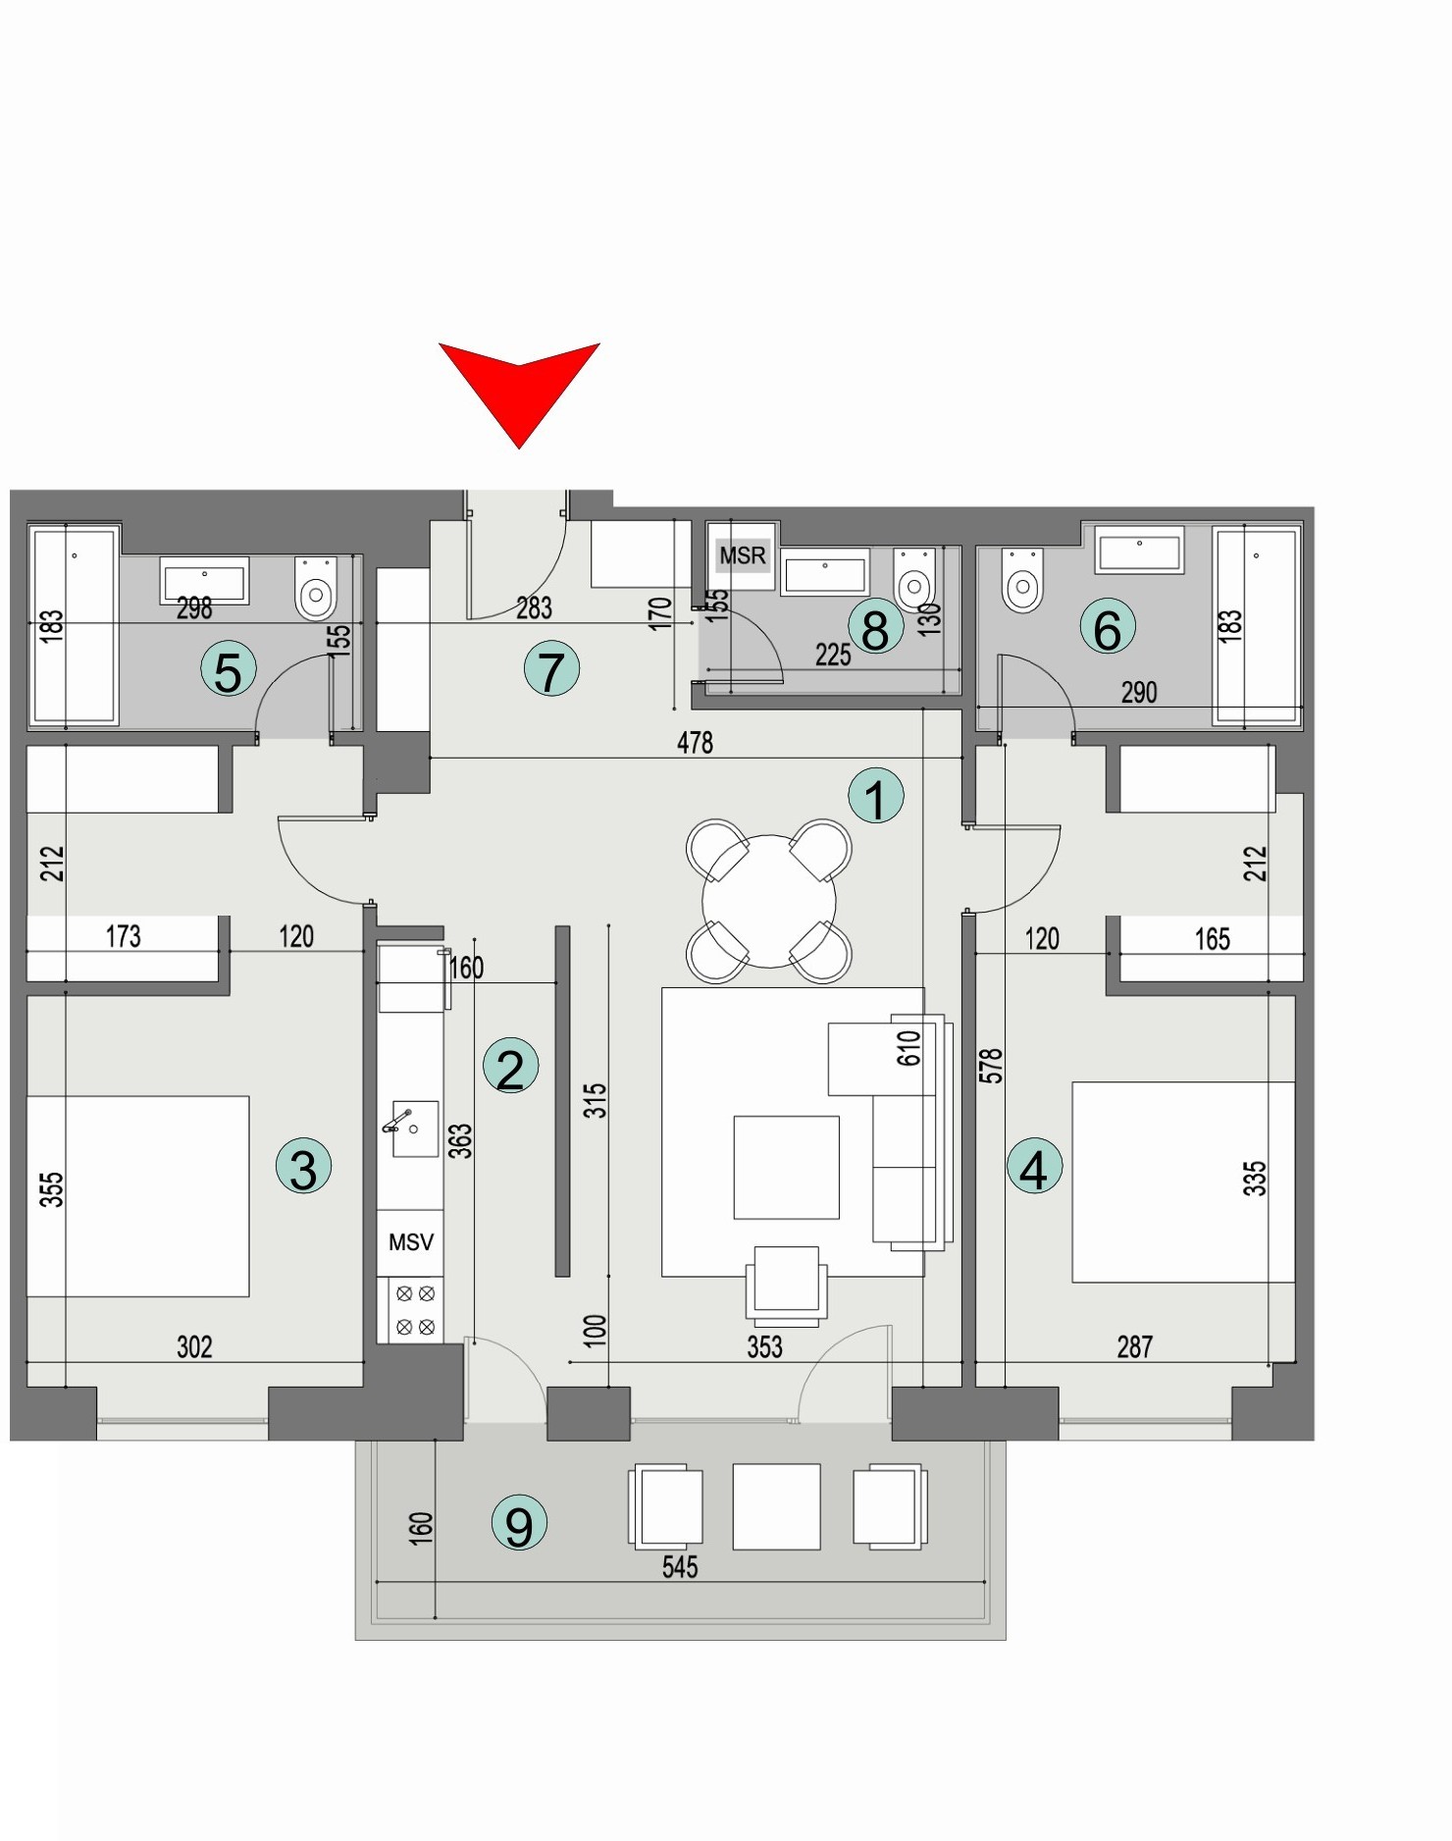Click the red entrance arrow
[519, 388]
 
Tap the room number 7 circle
[551, 670]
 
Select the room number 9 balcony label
[519, 1523]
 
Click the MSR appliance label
[743, 556]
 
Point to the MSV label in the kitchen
[411, 1242]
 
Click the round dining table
[769, 901]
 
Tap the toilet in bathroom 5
[316, 589]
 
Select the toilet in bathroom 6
[1022, 582]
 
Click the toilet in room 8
[914, 581]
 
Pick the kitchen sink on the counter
[413, 1129]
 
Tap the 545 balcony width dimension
[680, 1567]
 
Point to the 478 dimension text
[695, 743]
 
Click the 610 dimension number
[908, 1048]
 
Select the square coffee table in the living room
[786, 1167]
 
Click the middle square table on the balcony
[776, 1506]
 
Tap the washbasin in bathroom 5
[204, 582]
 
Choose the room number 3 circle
[303, 1167]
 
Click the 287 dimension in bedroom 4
[1134, 1346]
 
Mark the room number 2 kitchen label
[510, 1067]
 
